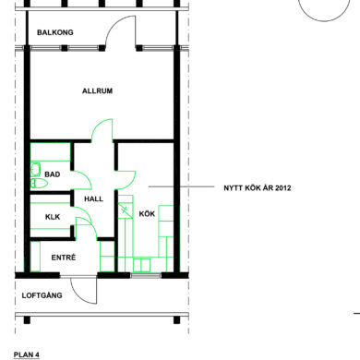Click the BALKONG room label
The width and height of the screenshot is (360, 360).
[x=55, y=32]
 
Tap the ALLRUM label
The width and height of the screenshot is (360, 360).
[x=97, y=90]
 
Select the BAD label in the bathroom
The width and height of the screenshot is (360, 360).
[x=53, y=174]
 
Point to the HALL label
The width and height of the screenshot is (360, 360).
[x=94, y=198]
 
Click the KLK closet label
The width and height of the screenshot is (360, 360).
[x=53, y=217]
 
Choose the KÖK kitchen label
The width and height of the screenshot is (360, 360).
[x=147, y=213]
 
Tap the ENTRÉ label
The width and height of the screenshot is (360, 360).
[x=64, y=258]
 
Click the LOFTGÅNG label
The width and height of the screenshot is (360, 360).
[x=42, y=295]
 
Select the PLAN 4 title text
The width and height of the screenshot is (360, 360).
[x=27, y=354]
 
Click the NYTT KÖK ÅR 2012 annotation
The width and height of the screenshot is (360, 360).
[x=258, y=187]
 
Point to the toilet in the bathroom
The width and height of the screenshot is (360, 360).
[x=39, y=184]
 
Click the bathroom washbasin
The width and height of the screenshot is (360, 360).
[x=35, y=169]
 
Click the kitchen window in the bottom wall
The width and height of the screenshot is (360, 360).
[x=146, y=275]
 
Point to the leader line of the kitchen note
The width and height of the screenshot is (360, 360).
[x=181, y=186]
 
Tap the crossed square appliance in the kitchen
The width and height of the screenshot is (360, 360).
[x=126, y=210]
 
